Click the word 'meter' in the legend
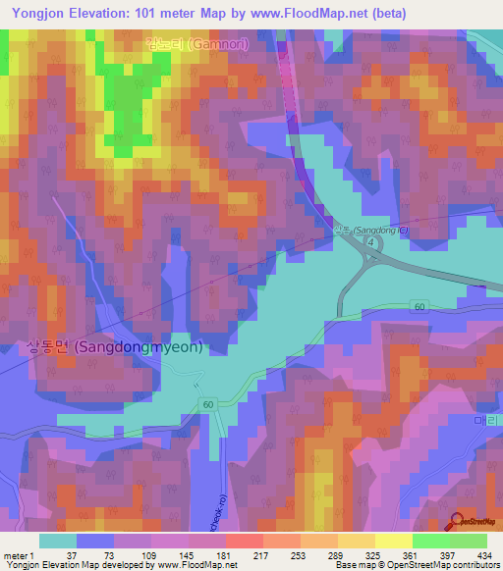click(x=12, y=555)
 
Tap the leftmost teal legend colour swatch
click(x=57, y=541)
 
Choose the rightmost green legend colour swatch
click(x=468, y=541)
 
